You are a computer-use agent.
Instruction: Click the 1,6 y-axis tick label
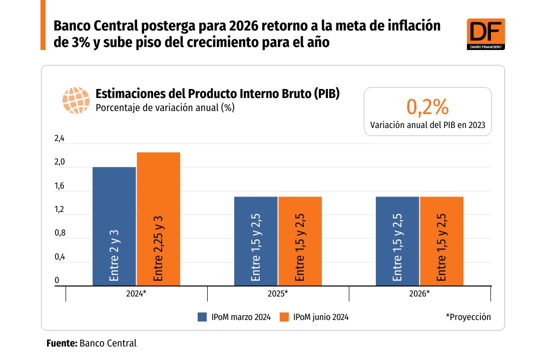(60, 186)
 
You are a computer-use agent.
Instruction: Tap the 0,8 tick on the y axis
(60, 233)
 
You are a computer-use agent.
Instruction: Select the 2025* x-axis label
(278, 293)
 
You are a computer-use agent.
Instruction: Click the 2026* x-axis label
(419, 293)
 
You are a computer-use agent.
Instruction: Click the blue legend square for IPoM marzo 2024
(203, 317)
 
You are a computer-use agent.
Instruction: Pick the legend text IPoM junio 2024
(321, 317)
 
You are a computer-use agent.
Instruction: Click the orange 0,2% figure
(427, 106)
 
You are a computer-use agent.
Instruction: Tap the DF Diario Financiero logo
(485, 34)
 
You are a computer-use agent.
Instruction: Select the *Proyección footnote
(468, 317)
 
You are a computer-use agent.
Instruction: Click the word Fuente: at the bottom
(62, 343)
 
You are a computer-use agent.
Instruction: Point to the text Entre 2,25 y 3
(158, 248)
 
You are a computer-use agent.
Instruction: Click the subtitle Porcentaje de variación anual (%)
(165, 107)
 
